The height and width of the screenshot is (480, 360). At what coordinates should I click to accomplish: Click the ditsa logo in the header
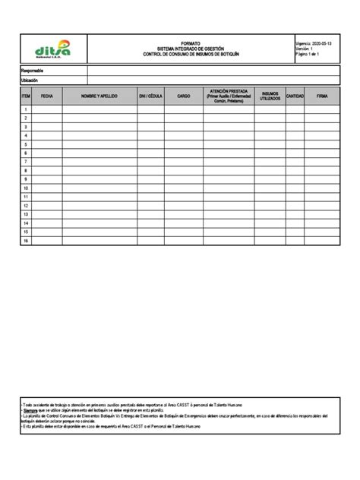point(52,49)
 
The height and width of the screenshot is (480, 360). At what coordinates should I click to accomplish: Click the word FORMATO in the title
point(191,44)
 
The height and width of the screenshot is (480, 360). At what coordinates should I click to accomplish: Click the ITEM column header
point(26,97)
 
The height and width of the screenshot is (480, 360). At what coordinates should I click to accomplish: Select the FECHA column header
point(47,97)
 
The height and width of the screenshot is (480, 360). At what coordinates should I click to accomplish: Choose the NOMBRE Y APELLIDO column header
point(99,97)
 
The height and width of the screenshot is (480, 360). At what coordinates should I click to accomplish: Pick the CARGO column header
point(184,97)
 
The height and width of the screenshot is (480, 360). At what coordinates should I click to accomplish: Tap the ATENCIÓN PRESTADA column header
point(229,96)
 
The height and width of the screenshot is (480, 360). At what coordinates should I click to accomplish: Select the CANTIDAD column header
point(295,97)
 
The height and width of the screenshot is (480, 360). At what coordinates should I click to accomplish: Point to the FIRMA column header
point(323,97)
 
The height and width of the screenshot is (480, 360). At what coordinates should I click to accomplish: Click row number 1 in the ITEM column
point(26,109)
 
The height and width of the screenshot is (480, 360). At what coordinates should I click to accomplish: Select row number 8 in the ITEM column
point(26,171)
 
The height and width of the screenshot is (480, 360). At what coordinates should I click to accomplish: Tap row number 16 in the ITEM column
point(26,241)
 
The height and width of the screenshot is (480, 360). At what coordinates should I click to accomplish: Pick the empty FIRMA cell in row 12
point(323,206)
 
